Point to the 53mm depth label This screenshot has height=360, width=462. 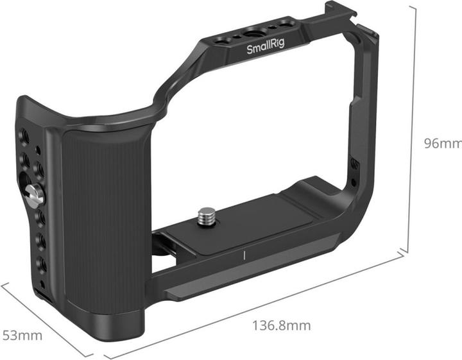(x=22, y=335)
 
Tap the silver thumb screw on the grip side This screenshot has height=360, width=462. (x=35, y=194)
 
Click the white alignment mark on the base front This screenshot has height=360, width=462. (x=245, y=255)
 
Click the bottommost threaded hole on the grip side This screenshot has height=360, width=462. (x=40, y=265)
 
